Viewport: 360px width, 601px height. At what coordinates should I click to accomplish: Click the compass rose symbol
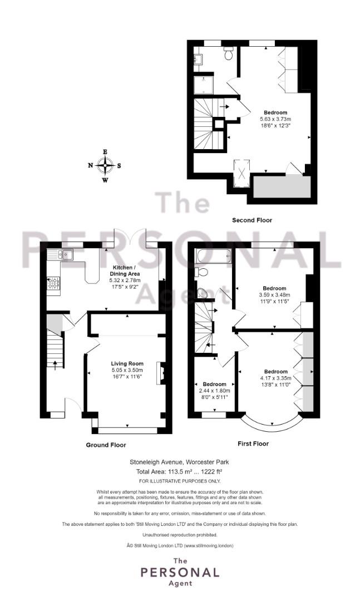[105, 165]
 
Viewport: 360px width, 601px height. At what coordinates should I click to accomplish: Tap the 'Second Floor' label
[252, 220]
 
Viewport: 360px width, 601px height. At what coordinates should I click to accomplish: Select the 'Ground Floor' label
[106, 445]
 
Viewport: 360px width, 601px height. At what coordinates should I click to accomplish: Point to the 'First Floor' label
[253, 444]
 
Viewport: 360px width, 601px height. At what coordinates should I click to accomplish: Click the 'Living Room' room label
[127, 364]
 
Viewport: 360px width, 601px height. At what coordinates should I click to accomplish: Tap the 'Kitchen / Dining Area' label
[125, 270]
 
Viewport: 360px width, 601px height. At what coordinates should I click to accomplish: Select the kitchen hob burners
[53, 283]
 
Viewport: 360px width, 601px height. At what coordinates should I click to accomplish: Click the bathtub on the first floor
[212, 258]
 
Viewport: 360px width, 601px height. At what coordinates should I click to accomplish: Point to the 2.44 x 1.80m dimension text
[214, 391]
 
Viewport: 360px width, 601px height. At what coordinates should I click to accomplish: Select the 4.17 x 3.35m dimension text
[276, 378]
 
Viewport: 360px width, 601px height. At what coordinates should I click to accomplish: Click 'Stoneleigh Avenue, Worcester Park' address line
[179, 462]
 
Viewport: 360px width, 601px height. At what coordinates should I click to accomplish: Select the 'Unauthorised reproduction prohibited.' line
[179, 534]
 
